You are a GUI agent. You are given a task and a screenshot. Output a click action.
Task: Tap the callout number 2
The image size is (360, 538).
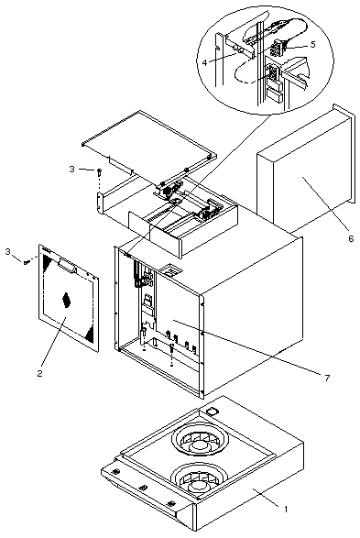pyautogui.click(x=39, y=373)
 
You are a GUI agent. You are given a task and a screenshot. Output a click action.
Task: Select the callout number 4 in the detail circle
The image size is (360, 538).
pyautogui.click(x=204, y=63)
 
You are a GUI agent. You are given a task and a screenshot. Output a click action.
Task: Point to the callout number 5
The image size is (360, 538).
pyautogui.click(x=312, y=45)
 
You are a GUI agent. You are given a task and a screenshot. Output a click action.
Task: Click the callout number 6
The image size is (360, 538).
pyautogui.click(x=351, y=238)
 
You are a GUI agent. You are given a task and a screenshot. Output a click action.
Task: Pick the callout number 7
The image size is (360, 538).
pyautogui.click(x=327, y=378)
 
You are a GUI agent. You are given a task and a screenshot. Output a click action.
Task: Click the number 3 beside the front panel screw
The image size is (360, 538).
pyautogui.click(x=8, y=251)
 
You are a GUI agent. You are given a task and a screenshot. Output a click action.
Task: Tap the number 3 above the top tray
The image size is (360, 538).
pyautogui.click(x=71, y=169)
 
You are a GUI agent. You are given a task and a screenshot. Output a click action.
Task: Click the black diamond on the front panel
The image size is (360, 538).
pyautogui.click(x=67, y=300)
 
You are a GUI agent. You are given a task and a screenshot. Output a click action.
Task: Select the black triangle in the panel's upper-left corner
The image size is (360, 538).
pyautogui.click(x=47, y=263)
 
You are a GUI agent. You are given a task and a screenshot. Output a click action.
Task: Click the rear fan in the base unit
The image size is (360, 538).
pyautogui.click(x=200, y=442)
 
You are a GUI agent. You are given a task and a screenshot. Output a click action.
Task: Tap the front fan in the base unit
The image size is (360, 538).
pyautogui.click(x=199, y=479)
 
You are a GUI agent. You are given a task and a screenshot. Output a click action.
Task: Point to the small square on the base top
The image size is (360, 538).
pyautogui.click(x=213, y=411)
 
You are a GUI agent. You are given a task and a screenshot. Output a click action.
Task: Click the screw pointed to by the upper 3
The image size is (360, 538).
pyautogui.click(x=99, y=172)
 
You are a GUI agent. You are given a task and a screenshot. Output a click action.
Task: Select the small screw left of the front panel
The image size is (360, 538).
pyautogui.click(x=26, y=262)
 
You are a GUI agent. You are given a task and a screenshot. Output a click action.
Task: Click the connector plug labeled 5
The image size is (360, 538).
pyautogui.click(x=276, y=48)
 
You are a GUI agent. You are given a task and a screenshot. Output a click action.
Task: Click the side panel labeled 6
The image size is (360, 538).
pyautogui.click(x=306, y=168)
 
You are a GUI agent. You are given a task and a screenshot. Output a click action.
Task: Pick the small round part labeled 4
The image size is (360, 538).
pyautogui.click(x=237, y=49)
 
